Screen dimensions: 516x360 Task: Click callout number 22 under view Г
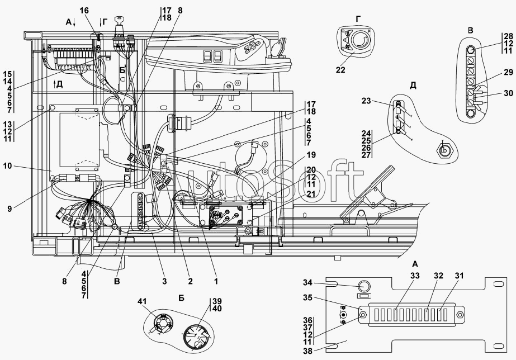pyautogui.click(x=340, y=70)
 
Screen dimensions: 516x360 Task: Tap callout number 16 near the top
pyautogui.click(x=84, y=11)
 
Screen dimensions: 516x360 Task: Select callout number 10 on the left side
pyautogui.click(x=7, y=166)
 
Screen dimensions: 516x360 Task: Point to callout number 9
pyautogui.click(x=10, y=209)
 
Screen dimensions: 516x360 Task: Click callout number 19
pyautogui.click(x=311, y=155)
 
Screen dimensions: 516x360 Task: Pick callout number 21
pyautogui.click(x=311, y=194)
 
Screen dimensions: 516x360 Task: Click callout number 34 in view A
pyautogui.click(x=307, y=283)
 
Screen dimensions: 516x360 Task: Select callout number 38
pyautogui.click(x=307, y=351)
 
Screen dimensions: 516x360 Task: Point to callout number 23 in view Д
pyautogui.click(x=366, y=101)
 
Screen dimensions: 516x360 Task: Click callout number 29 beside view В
pyautogui.click(x=508, y=73)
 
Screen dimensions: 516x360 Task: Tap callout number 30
pyautogui.click(x=508, y=93)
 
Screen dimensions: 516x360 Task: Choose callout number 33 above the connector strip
pyautogui.click(x=415, y=276)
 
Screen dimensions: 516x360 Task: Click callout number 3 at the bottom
pyautogui.click(x=164, y=281)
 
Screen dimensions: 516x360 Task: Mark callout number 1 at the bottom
pyautogui.click(x=216, y=281)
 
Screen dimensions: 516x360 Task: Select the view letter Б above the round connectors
pyautogui.click(x=181, y=298)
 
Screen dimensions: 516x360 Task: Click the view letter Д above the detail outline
pyautogui.click(x=413, y=85)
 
